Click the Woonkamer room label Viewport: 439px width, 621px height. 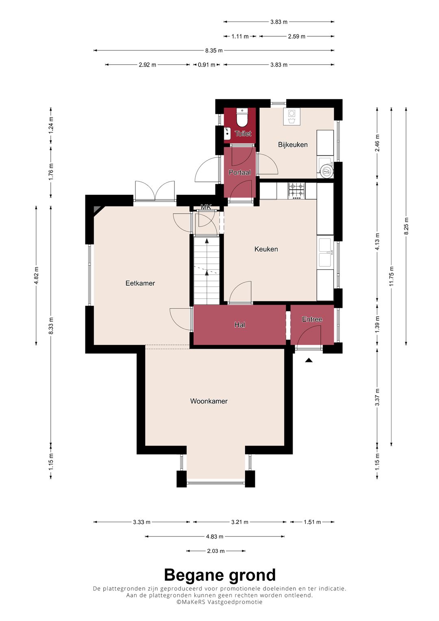coord(209,401)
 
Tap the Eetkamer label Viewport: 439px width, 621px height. coord(140,283)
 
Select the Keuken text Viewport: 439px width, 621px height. coord(266,249)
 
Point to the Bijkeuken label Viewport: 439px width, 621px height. coord(293,145)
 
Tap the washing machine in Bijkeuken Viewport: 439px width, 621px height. coord(291,117)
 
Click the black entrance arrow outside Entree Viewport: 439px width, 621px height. coord(309,360)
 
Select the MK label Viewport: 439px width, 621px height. coord(206,207)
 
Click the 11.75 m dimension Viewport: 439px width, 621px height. coord(391,277)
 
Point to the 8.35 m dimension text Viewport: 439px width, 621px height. coord(214,50)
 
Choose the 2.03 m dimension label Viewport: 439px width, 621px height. coord(215,551)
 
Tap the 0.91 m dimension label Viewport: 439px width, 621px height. coord(206,65)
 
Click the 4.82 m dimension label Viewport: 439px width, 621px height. coord(36,276)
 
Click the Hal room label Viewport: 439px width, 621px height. coord(239,325)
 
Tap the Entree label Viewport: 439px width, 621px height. coord(312,319)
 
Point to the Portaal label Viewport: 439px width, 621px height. coord(239,172)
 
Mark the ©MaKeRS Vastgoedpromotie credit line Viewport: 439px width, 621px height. coord(219,602)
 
